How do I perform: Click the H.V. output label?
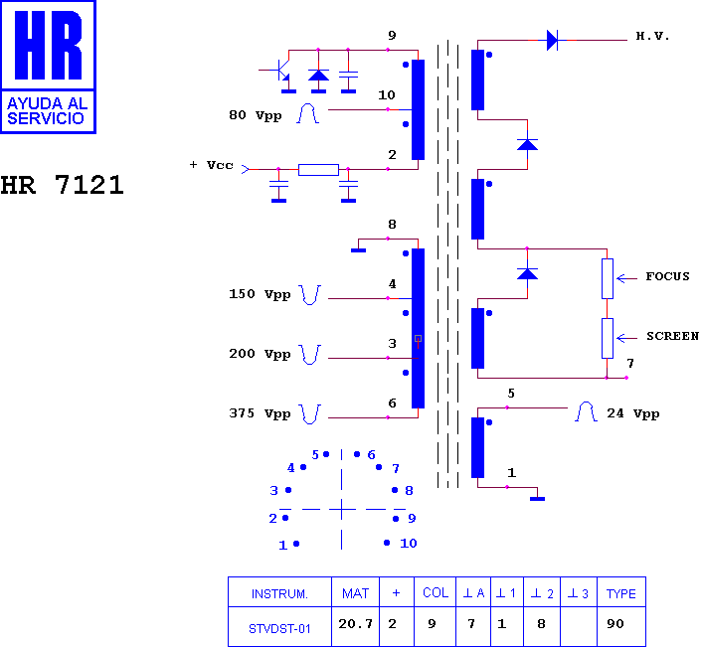coord(652,36)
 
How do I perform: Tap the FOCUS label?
coord(667,276)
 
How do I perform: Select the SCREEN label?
coord(672,336)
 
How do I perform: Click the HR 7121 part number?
coord(62,185)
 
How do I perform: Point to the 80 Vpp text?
coord(256,115)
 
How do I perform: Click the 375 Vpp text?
coord(260,413)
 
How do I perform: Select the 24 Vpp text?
coord(633,413)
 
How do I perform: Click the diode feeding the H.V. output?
coord(553,40)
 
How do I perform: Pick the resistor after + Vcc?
coord(318,170)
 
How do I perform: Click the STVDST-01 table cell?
coord(279,629)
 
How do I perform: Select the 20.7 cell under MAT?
coord(355,623)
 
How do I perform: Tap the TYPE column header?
coord(621,593)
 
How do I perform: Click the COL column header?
coord(436,593)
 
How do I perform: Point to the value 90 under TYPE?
coord(615,624)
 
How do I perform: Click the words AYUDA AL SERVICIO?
coord(47,110)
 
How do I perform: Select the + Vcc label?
coord(211,165)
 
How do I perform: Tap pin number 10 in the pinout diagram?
coord(409,544)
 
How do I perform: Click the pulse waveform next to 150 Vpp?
coord(309,295)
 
